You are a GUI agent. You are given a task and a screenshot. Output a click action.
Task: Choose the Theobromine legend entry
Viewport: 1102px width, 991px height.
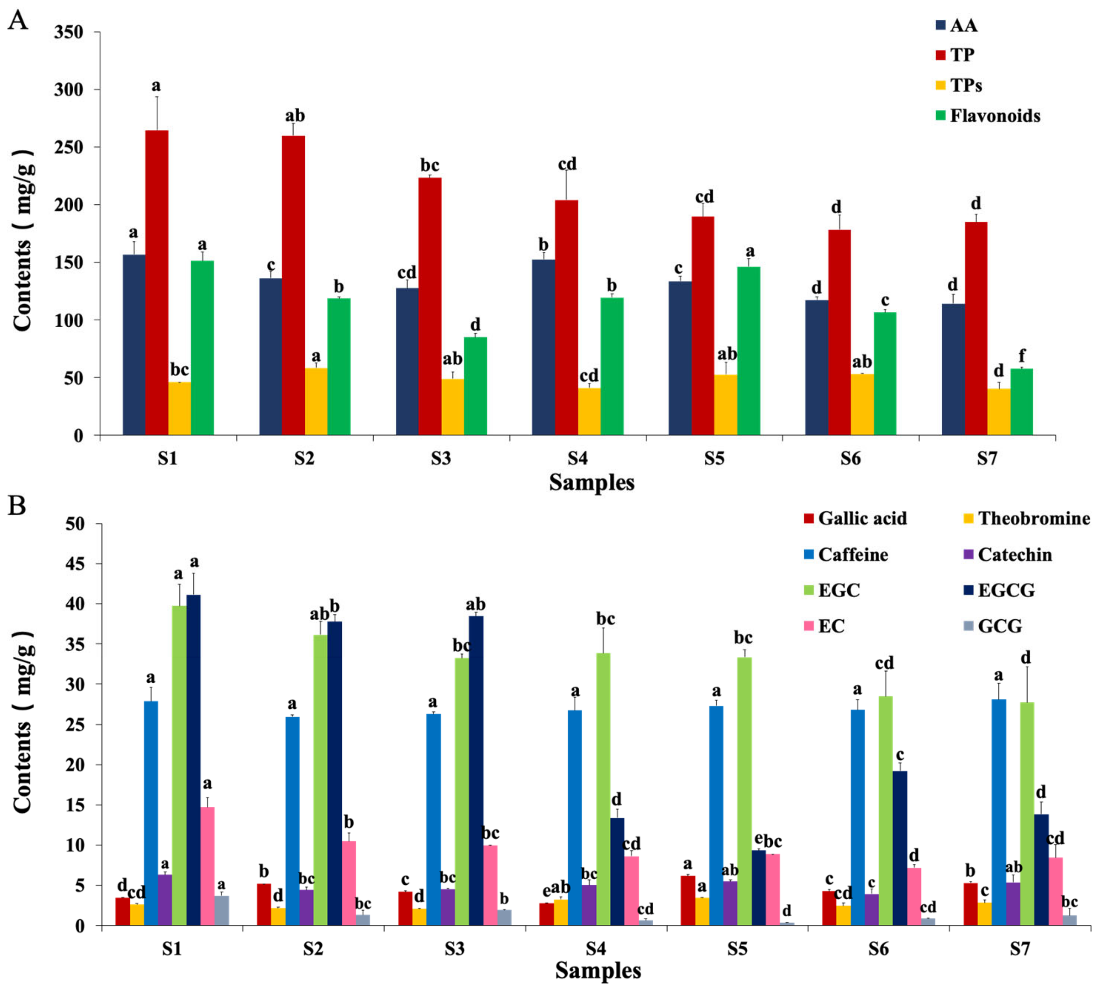click(x=1033, y=519)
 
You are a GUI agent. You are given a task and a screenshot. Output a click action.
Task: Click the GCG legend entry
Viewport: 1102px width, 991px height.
click(x=1000, y=626)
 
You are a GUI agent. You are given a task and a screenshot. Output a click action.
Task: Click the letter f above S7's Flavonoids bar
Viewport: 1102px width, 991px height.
click(x=1021, y=356)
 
